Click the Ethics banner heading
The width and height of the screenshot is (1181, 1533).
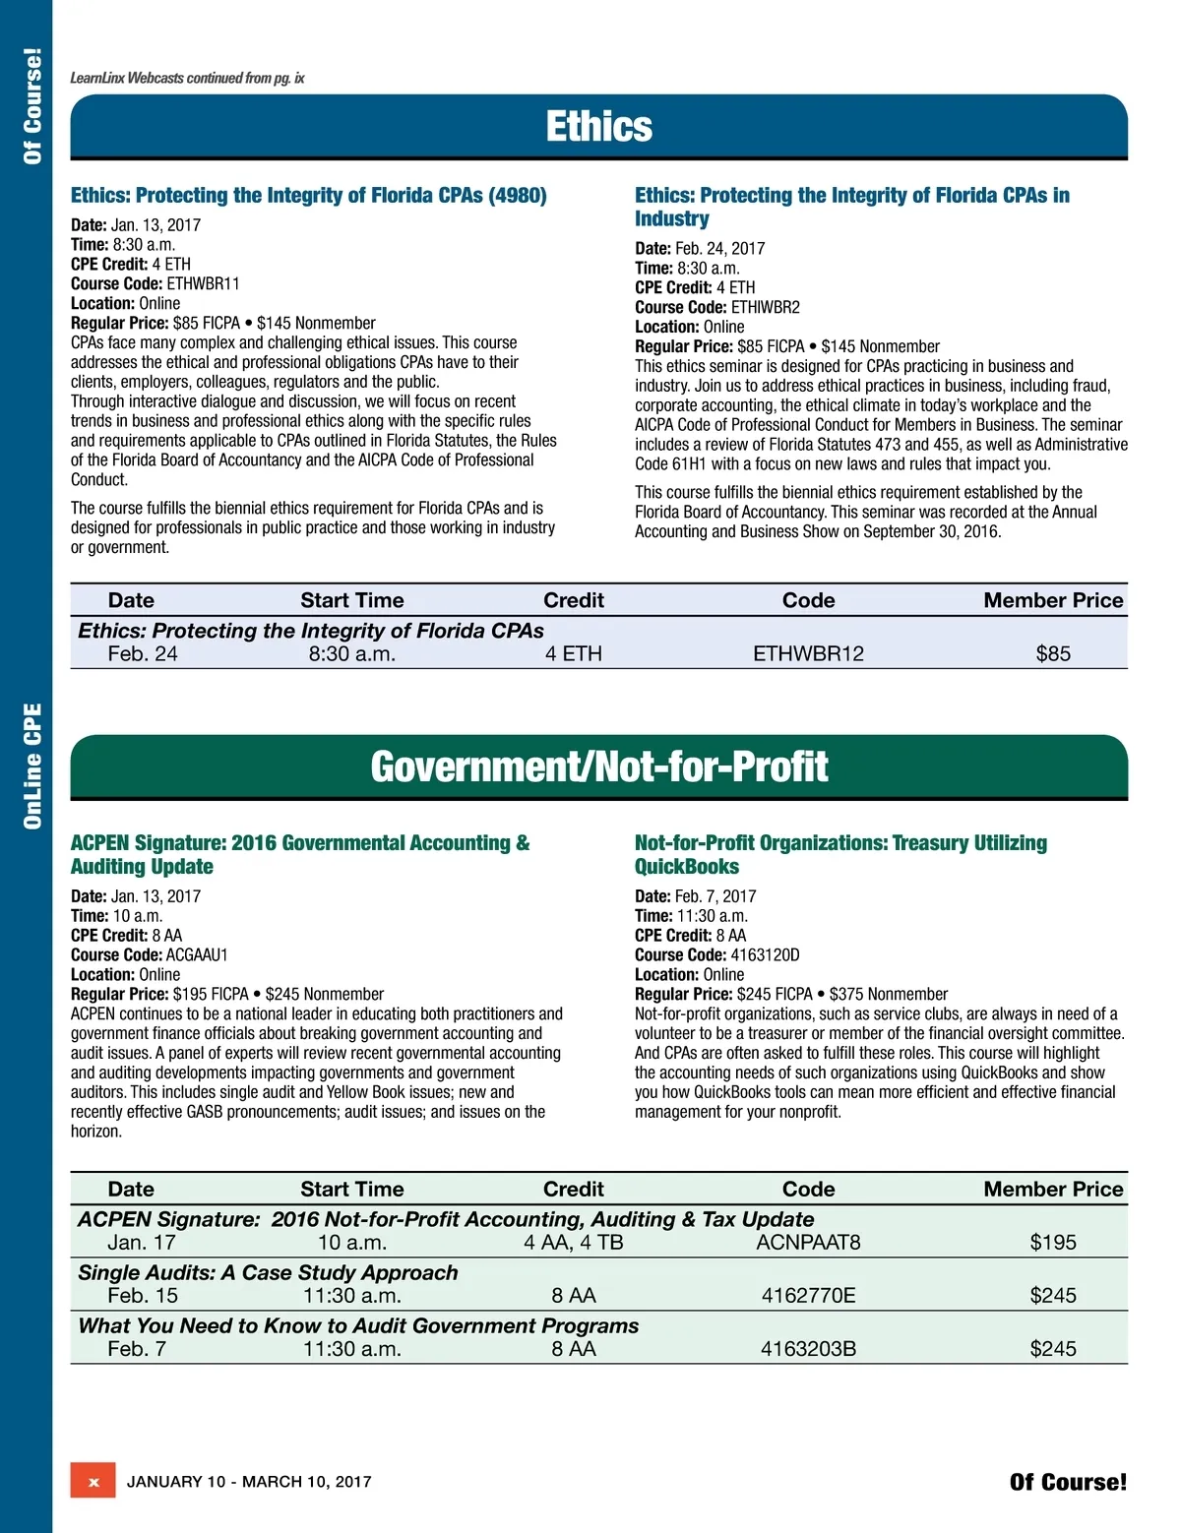[x=598, y=127]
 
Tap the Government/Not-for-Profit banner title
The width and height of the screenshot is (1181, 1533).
[x=598, y=767]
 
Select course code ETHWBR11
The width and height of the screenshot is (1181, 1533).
[x=203, y=284]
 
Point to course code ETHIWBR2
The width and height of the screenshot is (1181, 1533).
[x=765, y=308]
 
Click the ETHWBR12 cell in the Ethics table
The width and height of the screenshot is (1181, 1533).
[x=808, y=654]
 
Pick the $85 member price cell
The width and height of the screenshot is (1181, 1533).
[x=1052, y=654]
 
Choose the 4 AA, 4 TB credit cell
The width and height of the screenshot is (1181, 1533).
[x=573, y=1243]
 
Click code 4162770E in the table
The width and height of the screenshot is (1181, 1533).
[x=808, y=1296]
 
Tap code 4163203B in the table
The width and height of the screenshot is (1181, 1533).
[x=808, y=1349]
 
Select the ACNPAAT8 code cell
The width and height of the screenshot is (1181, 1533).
[x=808, y=1243]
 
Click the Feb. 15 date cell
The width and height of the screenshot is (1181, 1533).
[x=143, y=1296]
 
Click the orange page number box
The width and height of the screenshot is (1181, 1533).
[x=93, y=1482]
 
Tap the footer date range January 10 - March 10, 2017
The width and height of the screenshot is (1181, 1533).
[x=249, y=1482]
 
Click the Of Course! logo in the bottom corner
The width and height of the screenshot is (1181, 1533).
[x=1068, y=1482]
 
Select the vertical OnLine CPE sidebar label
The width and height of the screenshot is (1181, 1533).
[x=32, y=766]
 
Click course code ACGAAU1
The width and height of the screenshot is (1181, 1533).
[x=197, y=955]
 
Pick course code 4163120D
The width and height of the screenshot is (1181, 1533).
[x=765, y=955]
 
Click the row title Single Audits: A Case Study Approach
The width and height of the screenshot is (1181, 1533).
[x=268, y=1273]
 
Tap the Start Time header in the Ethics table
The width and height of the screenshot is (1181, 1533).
[x=351, y=600]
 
